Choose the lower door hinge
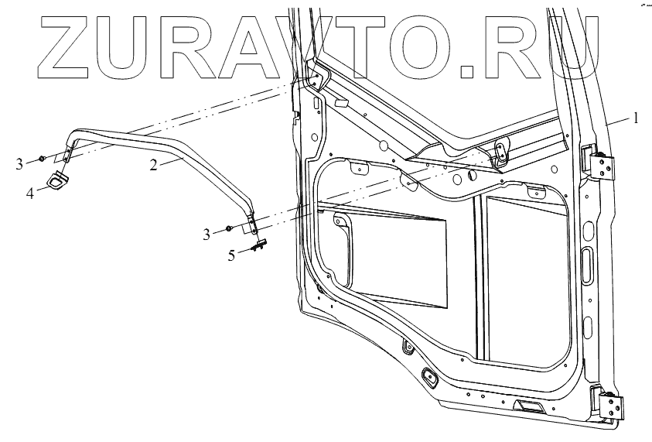click(607, 403)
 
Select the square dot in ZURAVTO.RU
click(467, 73)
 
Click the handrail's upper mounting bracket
click(67, 151)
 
